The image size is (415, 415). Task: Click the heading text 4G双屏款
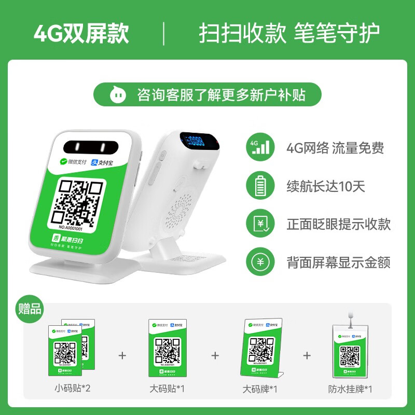click(81, 33)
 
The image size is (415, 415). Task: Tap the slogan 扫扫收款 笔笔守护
click(289, 33)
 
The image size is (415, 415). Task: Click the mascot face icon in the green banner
click(117, 94)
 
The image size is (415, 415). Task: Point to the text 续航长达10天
click(326, 186)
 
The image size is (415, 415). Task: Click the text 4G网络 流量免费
click(335, 148)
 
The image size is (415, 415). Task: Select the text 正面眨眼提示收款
click(339, 224)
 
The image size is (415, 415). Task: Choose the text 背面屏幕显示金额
click(339, 262)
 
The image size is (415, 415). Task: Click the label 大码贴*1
click(168, 388)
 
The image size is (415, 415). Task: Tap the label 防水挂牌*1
click(350, 388)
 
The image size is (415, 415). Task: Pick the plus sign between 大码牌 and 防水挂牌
click(307, 355)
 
